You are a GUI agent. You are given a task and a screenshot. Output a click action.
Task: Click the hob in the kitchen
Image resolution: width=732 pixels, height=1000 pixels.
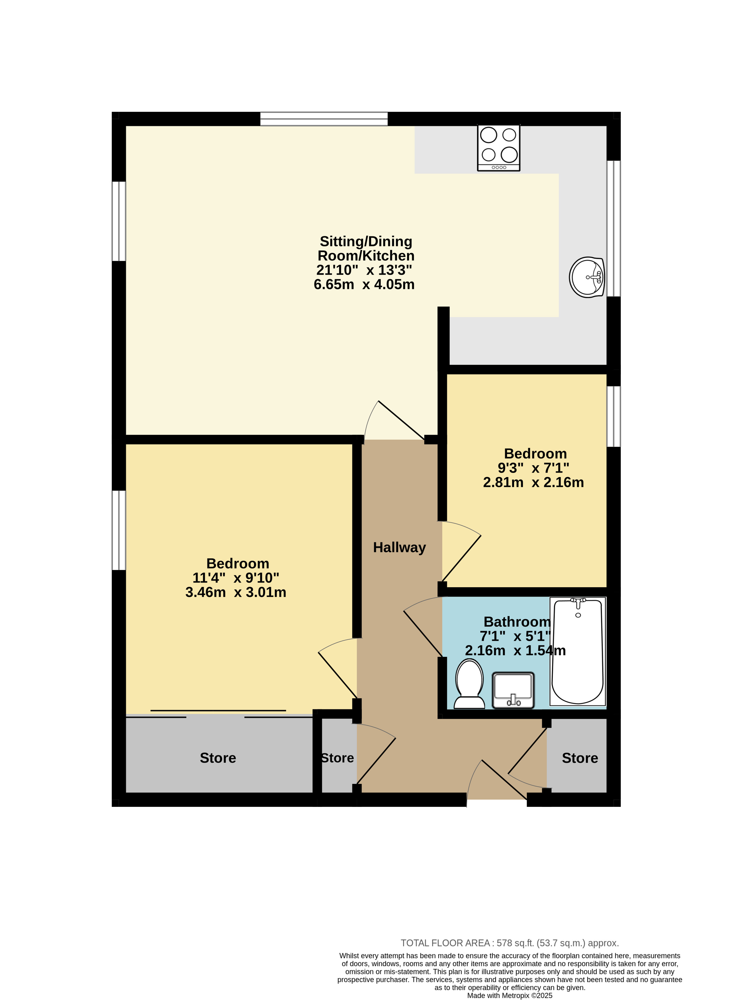coord(498,148)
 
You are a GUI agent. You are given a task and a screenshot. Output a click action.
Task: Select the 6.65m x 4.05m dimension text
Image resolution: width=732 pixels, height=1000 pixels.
coord(364,284)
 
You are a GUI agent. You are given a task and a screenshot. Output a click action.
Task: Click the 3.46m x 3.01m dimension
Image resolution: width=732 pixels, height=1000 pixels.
coord(236,592)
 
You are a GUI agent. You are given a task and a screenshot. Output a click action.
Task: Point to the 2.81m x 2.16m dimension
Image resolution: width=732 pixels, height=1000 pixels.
coord(533,482)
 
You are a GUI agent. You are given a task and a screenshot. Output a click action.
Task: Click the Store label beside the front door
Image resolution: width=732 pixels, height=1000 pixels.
coord(580,758)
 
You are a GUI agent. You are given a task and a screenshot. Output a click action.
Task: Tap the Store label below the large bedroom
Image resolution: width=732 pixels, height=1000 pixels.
coord(218,758)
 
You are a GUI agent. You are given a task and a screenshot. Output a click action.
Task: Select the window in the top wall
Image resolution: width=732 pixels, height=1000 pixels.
coord(324,119)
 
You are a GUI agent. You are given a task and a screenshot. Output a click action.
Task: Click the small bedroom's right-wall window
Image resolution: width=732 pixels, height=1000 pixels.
coord(614,416)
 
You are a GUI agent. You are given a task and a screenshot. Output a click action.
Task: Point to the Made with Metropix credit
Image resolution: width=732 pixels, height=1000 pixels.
coord(510,996)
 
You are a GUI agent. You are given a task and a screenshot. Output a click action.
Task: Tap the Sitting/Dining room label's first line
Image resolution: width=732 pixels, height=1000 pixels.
coord(366,241)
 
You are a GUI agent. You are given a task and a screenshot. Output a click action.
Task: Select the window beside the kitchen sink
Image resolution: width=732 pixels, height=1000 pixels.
coord(614,228)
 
